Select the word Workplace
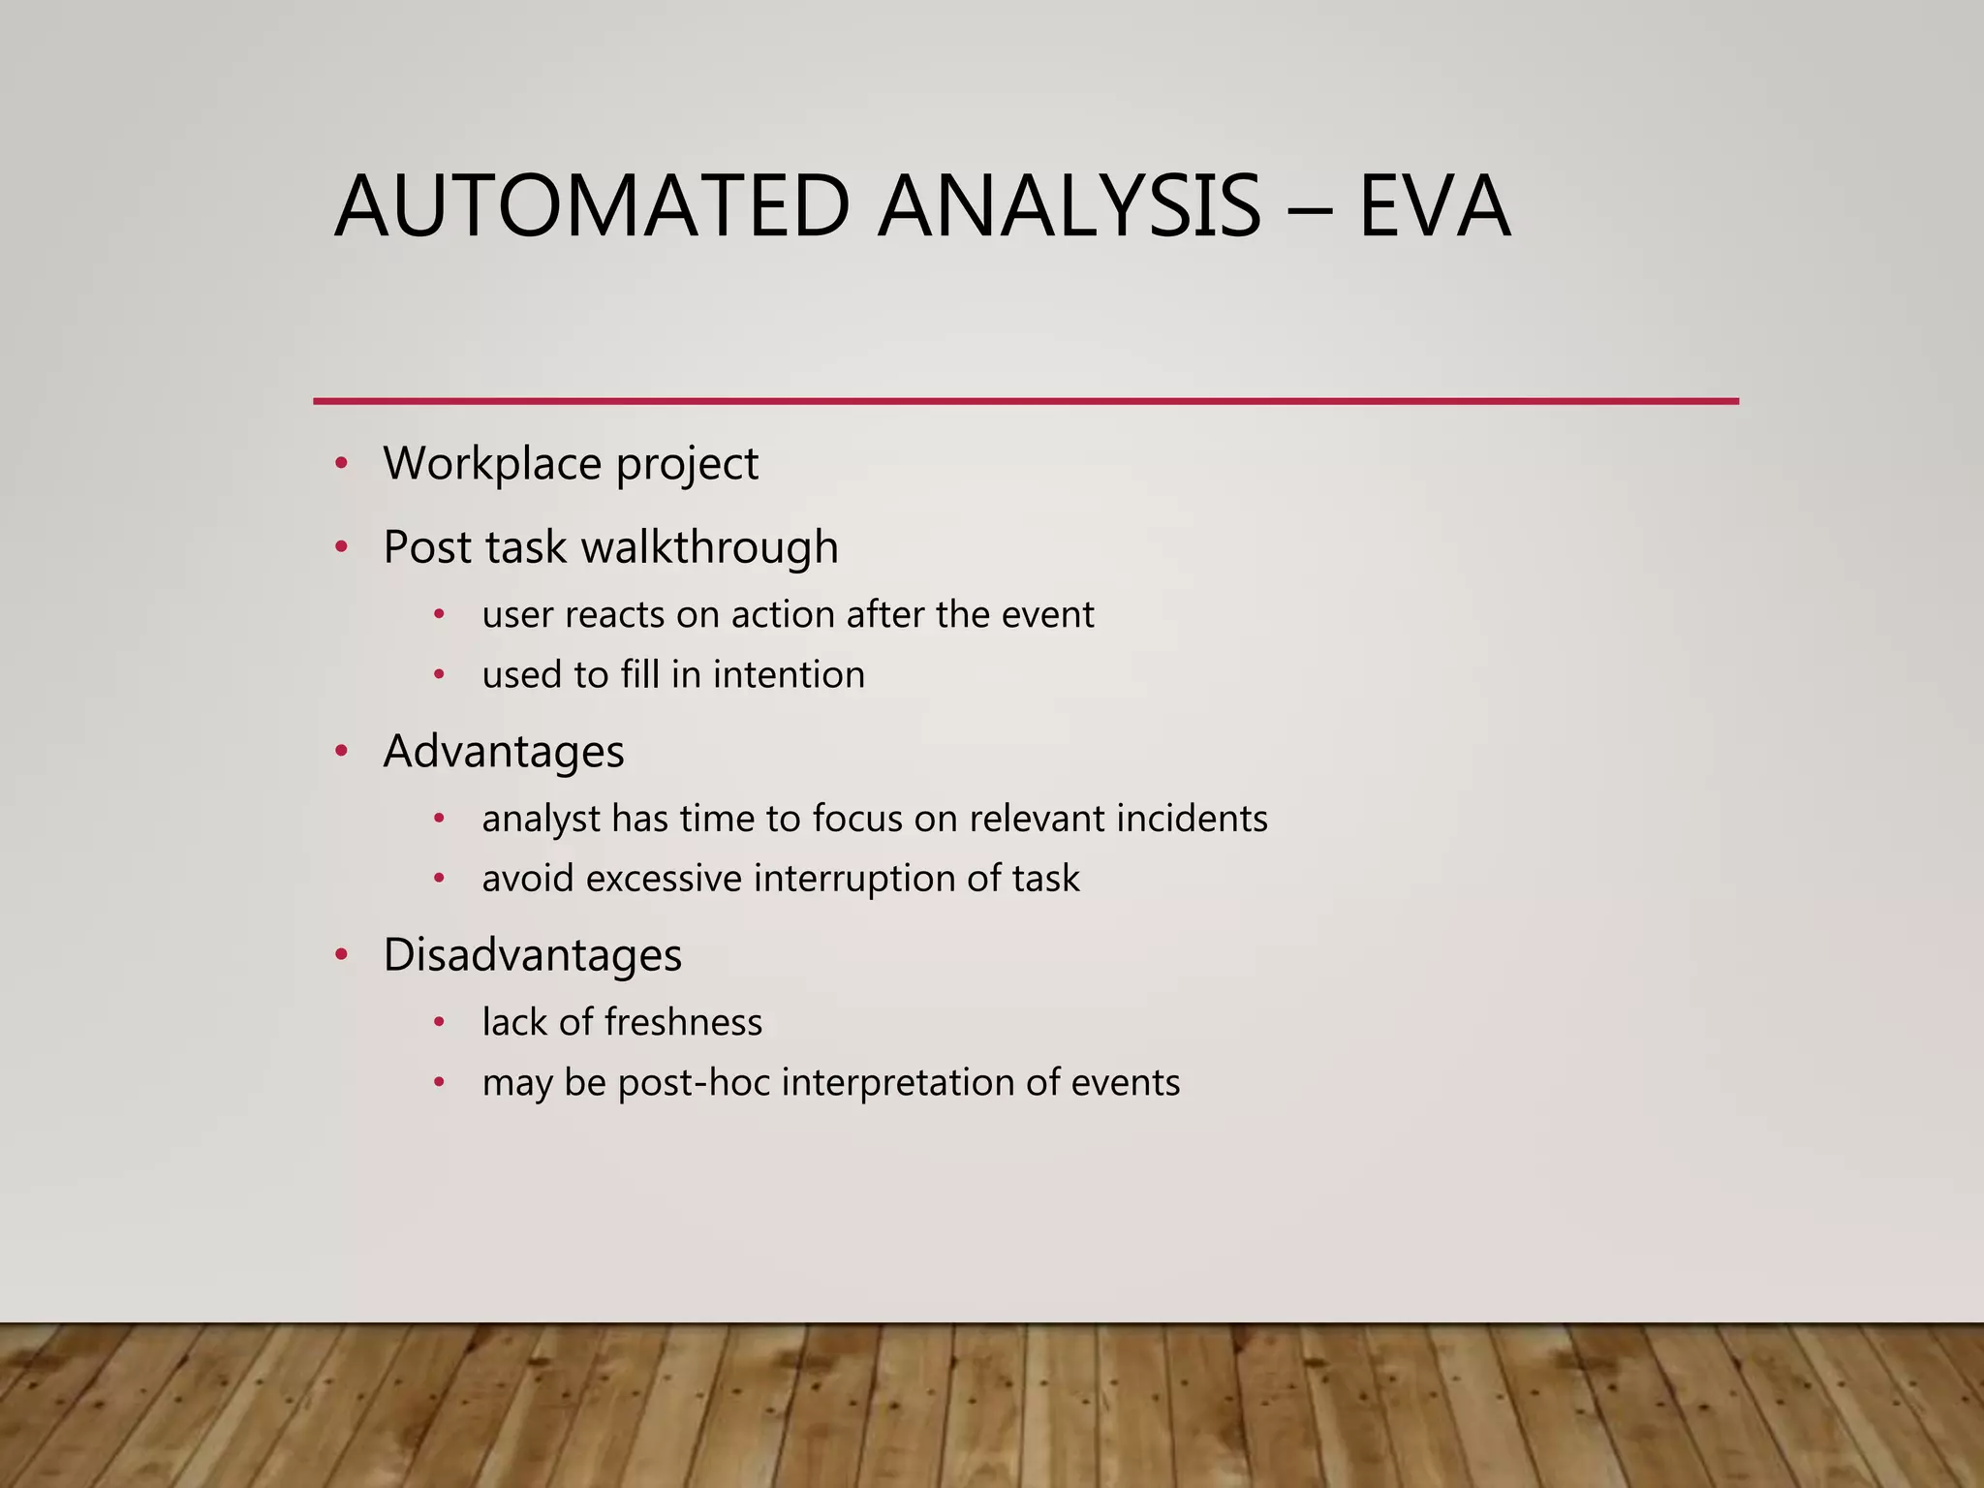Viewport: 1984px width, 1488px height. [x=492, y=464]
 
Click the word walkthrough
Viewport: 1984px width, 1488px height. [x=709, y=547]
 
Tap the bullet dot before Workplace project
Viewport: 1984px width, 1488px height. [x=341, y=464]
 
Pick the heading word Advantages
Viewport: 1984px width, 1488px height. [x=504, y=752]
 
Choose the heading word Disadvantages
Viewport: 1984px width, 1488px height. [x=533, y=955]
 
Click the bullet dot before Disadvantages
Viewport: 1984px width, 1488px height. [x=341, y=955]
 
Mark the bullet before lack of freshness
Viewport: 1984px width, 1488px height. [x=439, y=1022]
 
